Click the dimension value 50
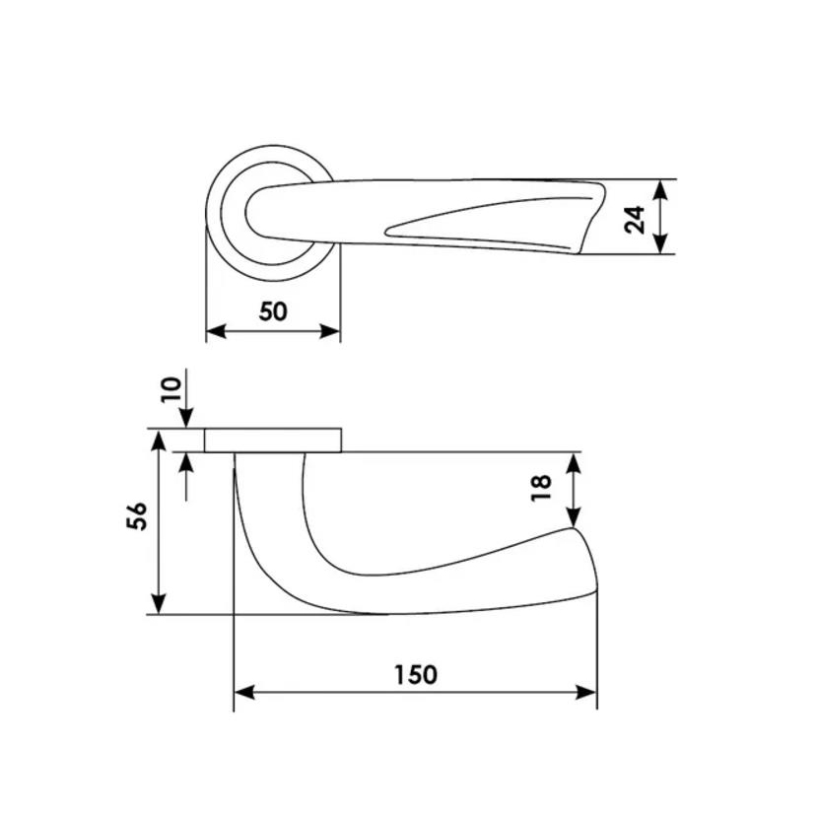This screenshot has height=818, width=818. tap(273, 311)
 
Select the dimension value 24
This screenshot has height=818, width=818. tap(635, 220)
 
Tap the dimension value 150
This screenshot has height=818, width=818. tap(415, 674)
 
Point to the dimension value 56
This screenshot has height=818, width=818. tap(137, 516)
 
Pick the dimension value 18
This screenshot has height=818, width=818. tap(541, 488)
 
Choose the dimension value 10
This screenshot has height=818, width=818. tap(171, 389)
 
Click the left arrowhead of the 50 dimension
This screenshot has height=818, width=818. tap(217, 331)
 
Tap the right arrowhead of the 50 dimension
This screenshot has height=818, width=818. tap(330, 331)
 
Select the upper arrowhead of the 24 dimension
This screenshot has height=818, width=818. tap(660, 190)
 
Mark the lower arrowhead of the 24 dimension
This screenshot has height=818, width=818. tap(660, 243)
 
